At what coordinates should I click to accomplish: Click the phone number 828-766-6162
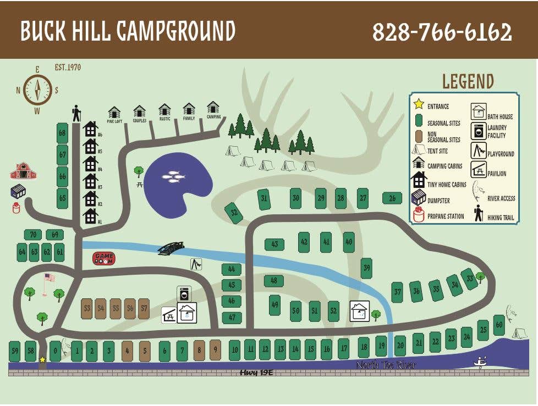[442, 32]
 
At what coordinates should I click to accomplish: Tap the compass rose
[37, 90]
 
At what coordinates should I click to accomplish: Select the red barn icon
[23, 171]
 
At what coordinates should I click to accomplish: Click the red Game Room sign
[103, 258]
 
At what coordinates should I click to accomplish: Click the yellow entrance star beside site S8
[42, 360]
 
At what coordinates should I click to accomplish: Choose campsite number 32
[234, 213]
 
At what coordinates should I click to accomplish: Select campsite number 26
[392, 198]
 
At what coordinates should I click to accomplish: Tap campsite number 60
[498, 325]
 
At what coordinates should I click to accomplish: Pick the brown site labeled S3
[86, 309]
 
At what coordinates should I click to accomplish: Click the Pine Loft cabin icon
[114, 113]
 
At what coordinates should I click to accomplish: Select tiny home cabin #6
[90, 129]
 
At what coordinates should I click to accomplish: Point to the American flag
[48, 279]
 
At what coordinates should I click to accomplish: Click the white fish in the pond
[173, 176]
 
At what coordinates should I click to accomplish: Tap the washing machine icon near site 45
[184, 293]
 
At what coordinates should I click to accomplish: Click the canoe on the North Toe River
[481, 363]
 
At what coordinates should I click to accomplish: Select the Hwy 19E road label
[256, 372]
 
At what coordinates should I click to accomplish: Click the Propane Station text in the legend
[446, 216]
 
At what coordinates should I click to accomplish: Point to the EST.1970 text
[68, 68]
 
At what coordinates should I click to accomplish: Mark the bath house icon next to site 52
[360, 312]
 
